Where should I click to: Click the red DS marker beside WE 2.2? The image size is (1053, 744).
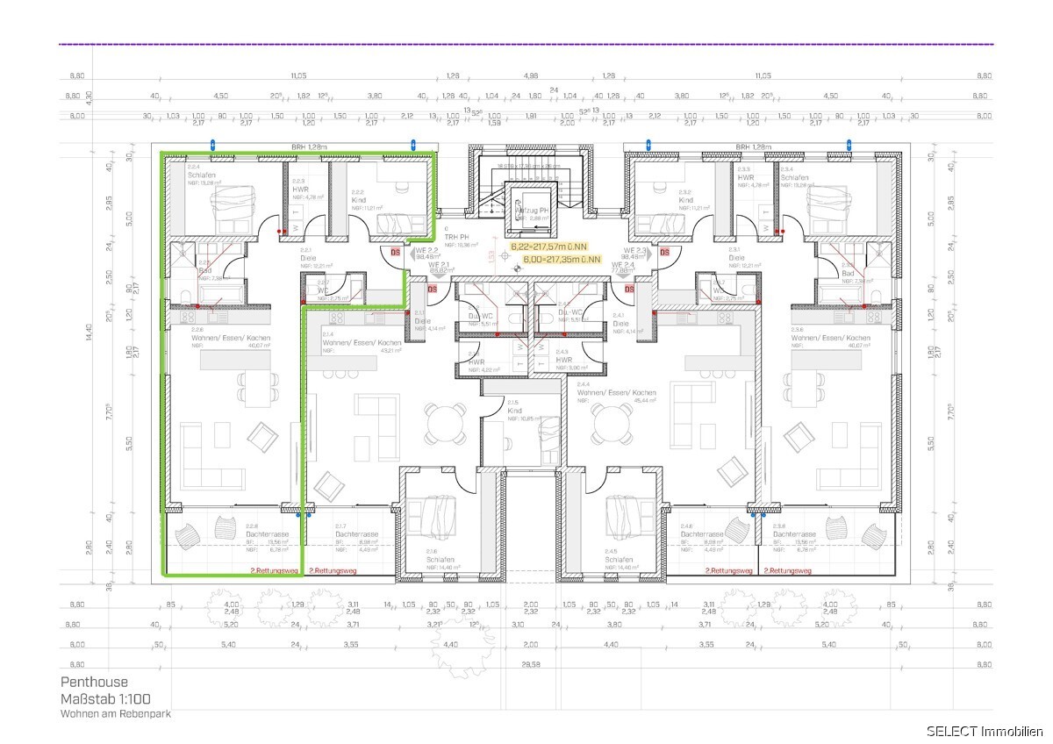pyautogui.click(x=396, y=253)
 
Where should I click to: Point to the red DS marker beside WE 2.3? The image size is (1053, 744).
pyautogui.click(x=664, y=253)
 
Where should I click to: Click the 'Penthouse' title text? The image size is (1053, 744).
pyautogui.click(x=94, y=682)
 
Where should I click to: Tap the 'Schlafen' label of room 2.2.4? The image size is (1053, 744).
pyautogui.click(x=200, y=175)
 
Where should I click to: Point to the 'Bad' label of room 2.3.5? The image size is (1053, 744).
pyautogui.click(x=848, y=273)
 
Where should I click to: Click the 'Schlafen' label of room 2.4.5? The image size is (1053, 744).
pyautogui.click(x=618, y=559)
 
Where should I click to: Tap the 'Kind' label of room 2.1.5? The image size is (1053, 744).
pyautogui.click(x=514, y=411)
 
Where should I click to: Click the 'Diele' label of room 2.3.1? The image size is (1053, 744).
pyautogui.click(x=735, y=258)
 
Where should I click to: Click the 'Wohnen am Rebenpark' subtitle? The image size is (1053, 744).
pyautogui.click(x=115, y=714)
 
